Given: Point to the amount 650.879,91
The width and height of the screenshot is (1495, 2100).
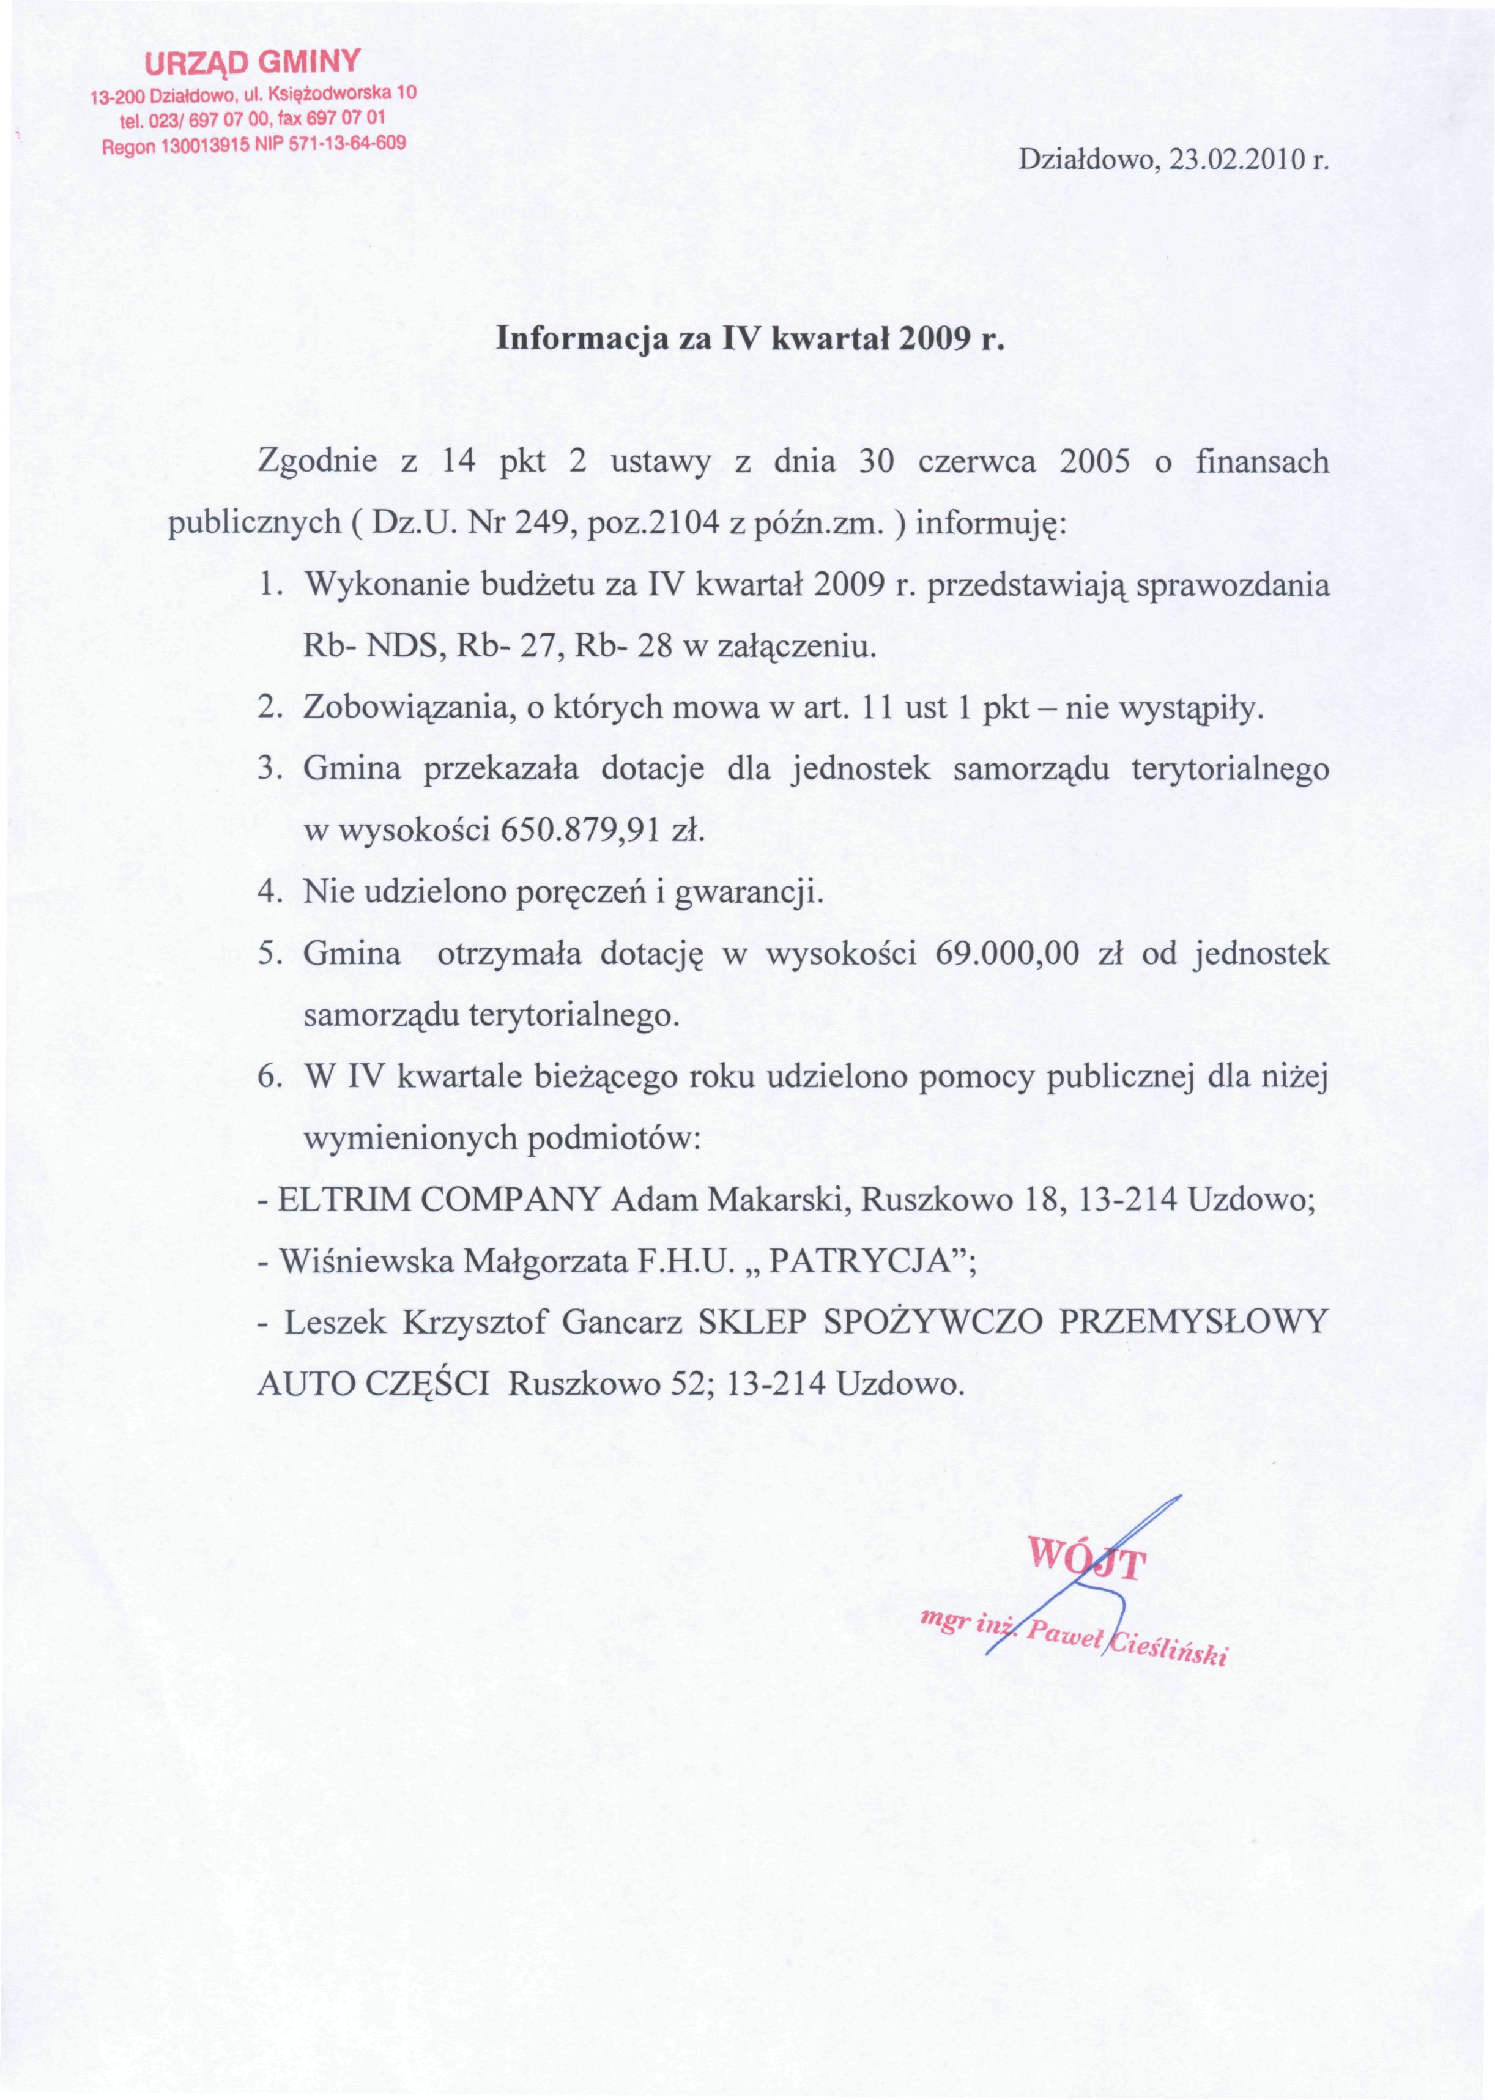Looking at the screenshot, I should click(x=577, y=831).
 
